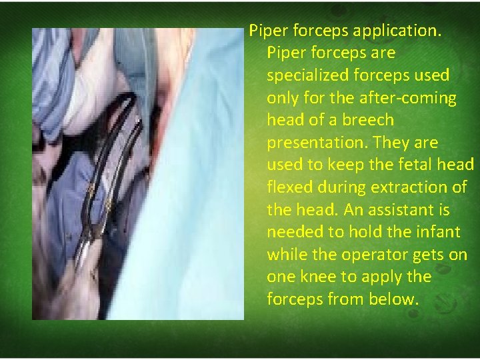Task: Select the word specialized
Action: click(x=309, y=75)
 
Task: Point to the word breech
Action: click(x=370, y=120)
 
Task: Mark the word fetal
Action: click(x=399, y=165)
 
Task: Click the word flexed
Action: click(x=289, y=187)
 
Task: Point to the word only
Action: click(x=282, y=97)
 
